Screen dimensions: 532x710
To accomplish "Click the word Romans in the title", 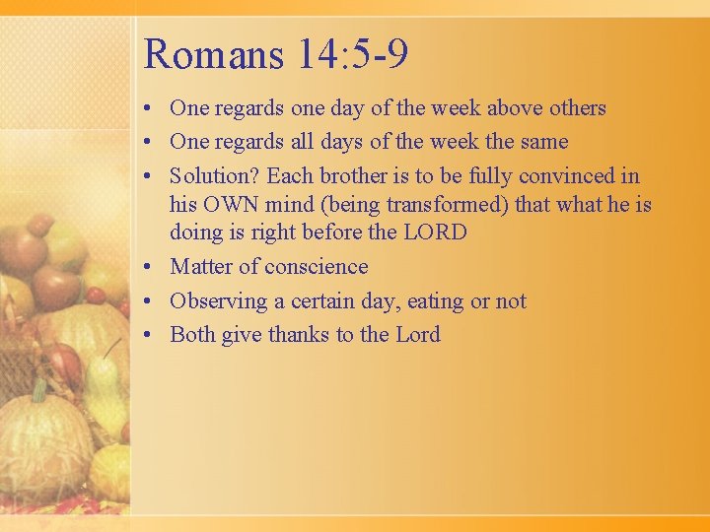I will (x=212, y=54).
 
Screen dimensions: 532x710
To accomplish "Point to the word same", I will (x=543, y=142).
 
